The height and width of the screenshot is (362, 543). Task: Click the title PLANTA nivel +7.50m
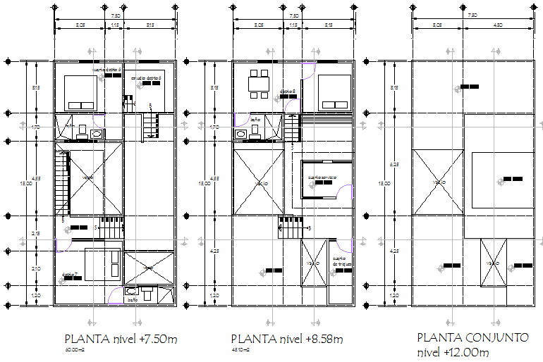[120, 339]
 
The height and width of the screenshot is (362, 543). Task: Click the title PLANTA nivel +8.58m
[287, 339]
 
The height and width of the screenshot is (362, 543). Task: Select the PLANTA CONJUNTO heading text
[472, 337]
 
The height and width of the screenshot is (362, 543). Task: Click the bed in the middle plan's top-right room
[334, 92]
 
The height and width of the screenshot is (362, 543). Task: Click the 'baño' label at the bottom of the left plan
[133, 301]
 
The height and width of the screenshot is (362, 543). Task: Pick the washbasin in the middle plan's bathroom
[240, 132]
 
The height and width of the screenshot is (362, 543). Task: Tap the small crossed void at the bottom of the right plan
[494, 262]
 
